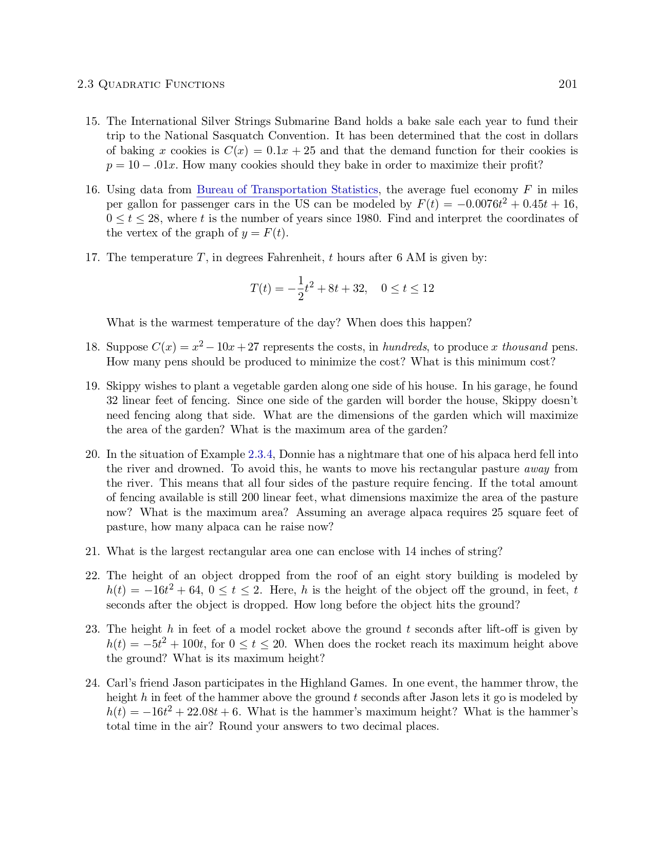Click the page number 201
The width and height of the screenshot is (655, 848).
tap(568, 84)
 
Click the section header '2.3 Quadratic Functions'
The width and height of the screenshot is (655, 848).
tap(151, 84)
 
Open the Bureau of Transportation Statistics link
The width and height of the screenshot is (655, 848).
tap(287, 190)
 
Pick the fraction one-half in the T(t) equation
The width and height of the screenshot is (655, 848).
tap(301, 288)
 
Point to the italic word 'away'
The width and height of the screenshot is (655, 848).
tap(536, 469)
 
